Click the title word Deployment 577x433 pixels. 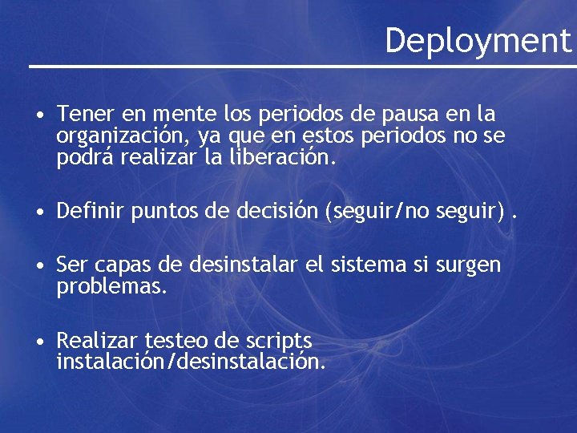[478, 39]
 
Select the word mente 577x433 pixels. [181, 114]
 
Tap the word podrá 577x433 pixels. [86, 158]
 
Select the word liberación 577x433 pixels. [278, 158]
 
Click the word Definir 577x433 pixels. [87, 212]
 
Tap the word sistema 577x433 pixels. [371, 265]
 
